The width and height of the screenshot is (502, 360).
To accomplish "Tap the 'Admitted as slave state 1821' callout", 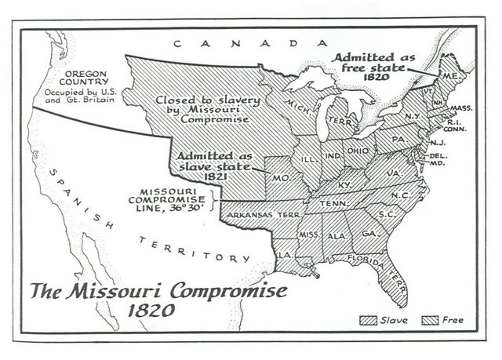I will click(x=213, y=165).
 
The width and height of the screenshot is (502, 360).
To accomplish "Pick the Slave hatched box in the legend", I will click(x=366, y=320).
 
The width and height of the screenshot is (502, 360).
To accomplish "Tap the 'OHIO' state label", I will click(x=357, y=151).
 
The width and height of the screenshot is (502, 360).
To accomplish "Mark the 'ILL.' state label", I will click(x=309, y=158).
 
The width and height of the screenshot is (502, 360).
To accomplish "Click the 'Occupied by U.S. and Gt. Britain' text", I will click(x=75, y=98).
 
